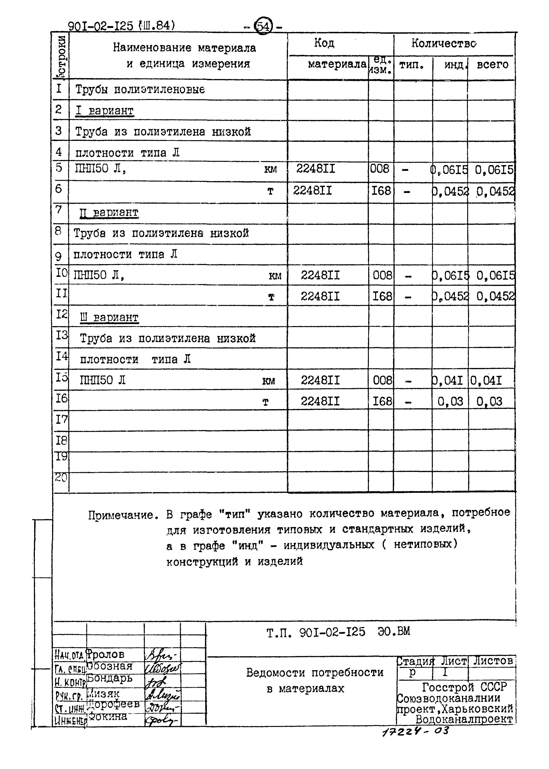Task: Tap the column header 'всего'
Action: [492, 64]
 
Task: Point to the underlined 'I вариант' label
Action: [104, 111]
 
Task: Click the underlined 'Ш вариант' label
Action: [109, 318]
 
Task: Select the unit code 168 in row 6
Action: [381, 191]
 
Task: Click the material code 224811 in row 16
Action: [320, 401]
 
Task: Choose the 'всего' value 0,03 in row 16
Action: [489, 401]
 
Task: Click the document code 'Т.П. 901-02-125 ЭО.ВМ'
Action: [338, 632]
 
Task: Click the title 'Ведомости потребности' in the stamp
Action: [314, 673]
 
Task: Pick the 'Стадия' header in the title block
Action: [415, 661]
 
